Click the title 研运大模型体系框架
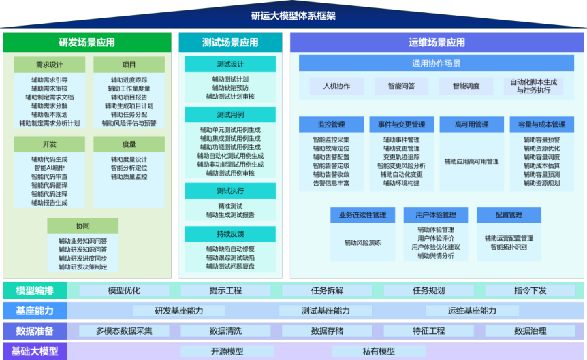tap(293, 16)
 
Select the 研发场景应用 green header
tap(87, 42)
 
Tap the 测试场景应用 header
tap(230, 42)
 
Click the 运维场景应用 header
tap(437, 42)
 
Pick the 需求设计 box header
tap(50, 65)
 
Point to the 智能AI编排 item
tap(50, 168)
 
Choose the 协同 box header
tap(82, 226)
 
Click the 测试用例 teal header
tap(230, 114)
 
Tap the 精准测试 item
tap(230, 206)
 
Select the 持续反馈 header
tap(230, 234)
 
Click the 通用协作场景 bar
tap(436, 63)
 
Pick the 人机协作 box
tap(336, 86)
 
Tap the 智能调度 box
tap(466, 86)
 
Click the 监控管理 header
tap(332, 125)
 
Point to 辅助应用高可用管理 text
tap(472, 161)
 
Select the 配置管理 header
tap(509, 215)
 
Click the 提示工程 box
tap(225, 291)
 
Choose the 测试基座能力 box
tap(326, 310)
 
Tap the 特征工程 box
tap(428, 331)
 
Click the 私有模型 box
tap(379, 351)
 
